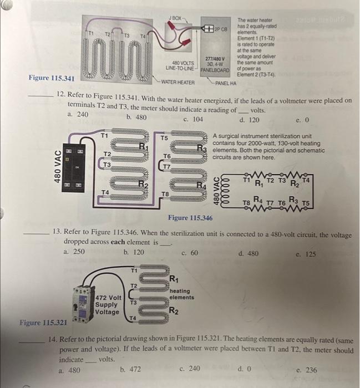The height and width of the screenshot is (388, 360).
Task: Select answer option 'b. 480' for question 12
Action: point(136,117)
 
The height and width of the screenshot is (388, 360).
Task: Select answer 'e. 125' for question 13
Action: point(306,254)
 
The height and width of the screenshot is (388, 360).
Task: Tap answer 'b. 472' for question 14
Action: point(130,369)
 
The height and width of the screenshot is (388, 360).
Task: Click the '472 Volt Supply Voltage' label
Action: point(107,304)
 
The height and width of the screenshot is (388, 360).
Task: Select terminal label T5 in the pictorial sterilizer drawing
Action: point(164,137)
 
